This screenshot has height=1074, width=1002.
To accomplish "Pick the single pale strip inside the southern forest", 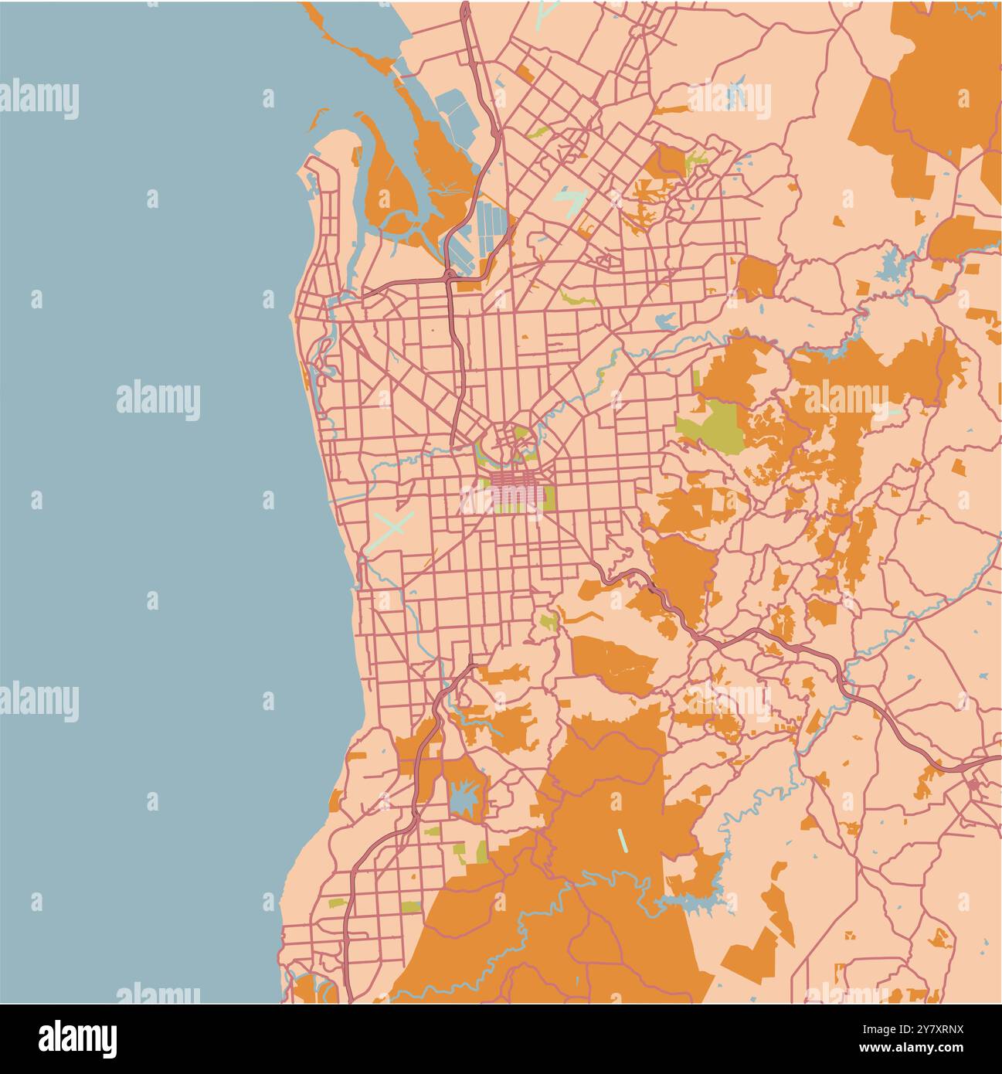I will (x=622, y=840).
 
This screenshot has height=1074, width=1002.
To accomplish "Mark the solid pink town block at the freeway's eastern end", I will (x=973, y=786).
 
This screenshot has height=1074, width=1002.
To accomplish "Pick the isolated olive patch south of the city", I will (x=549, y=621).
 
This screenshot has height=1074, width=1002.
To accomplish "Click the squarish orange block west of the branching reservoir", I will (x=757, y=277).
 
